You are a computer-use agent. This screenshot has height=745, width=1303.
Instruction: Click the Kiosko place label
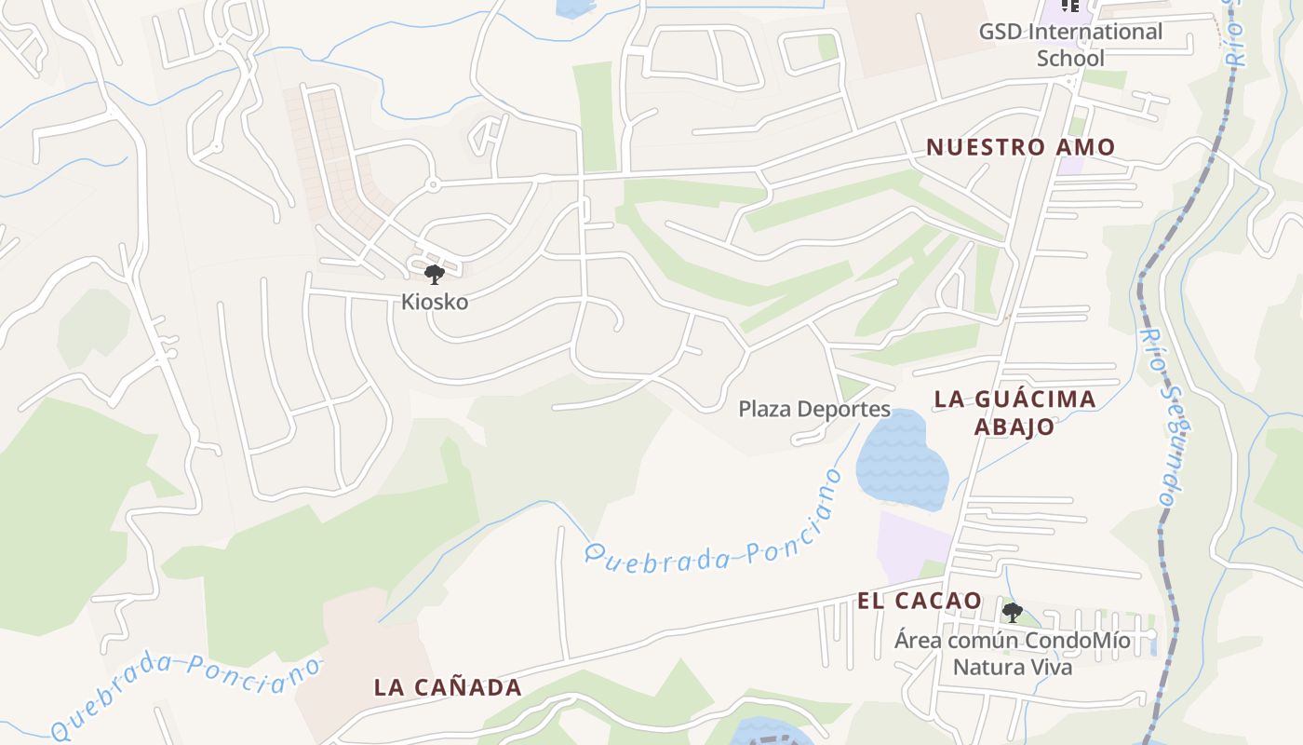(435, 302)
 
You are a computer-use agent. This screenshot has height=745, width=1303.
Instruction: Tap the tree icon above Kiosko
(434, 275)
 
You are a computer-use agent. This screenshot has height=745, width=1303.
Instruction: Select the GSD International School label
(1070, 45)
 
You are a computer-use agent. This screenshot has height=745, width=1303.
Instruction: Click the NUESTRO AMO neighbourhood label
(1020, 147)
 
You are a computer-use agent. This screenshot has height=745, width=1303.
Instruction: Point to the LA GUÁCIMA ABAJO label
(1014, 413)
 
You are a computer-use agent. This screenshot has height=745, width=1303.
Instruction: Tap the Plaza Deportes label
(814, 409)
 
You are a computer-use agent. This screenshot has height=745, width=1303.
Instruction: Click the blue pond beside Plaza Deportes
(900, 461)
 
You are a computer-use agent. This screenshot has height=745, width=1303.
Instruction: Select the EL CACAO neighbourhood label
(920, 601)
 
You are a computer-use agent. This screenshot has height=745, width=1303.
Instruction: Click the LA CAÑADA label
(448, 687)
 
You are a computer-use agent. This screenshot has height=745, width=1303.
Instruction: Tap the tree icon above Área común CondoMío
(1012, 613)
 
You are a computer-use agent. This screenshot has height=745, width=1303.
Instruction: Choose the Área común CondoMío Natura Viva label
(1013, 654)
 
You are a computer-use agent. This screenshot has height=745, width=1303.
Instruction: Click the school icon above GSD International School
(1070, 6)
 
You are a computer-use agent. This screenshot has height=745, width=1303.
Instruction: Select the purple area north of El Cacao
(912, 545)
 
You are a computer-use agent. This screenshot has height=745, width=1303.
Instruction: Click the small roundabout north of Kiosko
(433, 185)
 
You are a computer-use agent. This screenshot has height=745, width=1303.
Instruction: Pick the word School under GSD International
(1070, 58)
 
